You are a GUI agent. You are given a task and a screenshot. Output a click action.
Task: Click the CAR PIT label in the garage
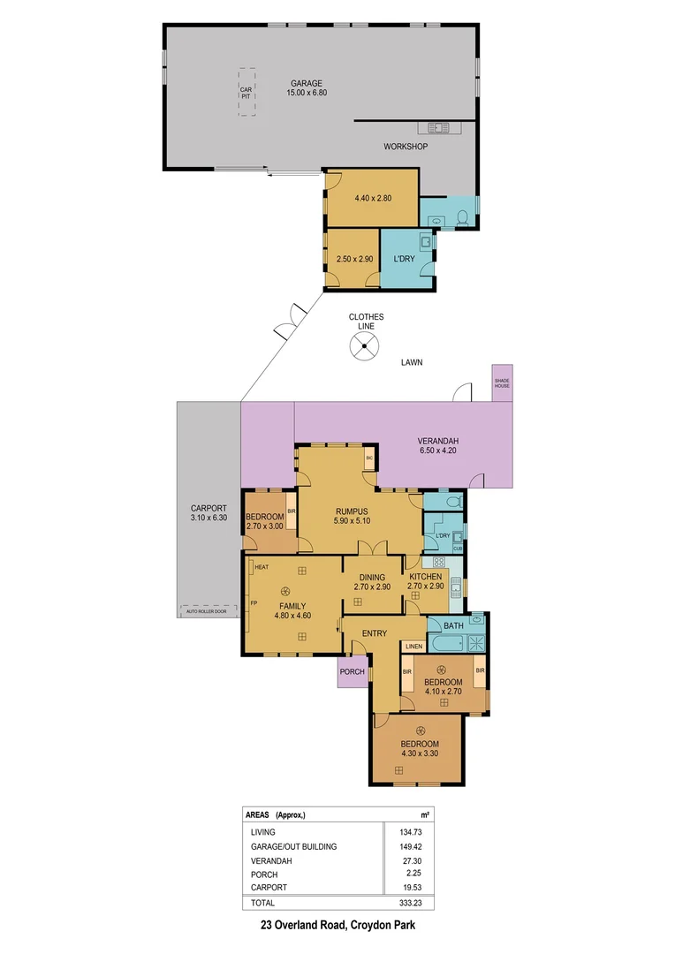[x=246, y=91]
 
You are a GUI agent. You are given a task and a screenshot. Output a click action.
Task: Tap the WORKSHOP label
[x=406, y=147]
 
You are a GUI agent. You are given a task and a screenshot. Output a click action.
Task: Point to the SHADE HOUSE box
[x=503, y=382]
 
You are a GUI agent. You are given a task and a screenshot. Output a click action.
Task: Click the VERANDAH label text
[x=438, y=442]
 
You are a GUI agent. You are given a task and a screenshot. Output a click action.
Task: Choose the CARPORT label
[x=209, y=508]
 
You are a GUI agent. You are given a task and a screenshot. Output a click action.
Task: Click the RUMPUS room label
[x=351, y=511]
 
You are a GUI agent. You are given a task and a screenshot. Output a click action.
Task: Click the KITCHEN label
[x=425, y=576]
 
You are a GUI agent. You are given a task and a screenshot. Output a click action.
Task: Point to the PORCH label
[x=352, y=671]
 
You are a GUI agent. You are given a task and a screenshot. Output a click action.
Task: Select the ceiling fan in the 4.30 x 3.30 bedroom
[x=421, y=730]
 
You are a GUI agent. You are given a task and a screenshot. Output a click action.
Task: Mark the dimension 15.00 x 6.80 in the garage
[x=307, y=93]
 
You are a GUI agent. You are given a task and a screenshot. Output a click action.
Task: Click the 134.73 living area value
[x=405, y=832]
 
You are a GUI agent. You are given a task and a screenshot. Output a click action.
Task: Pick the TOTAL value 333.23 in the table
[x=405, y=903]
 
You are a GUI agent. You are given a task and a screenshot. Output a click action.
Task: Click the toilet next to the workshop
[x=463, y=216]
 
